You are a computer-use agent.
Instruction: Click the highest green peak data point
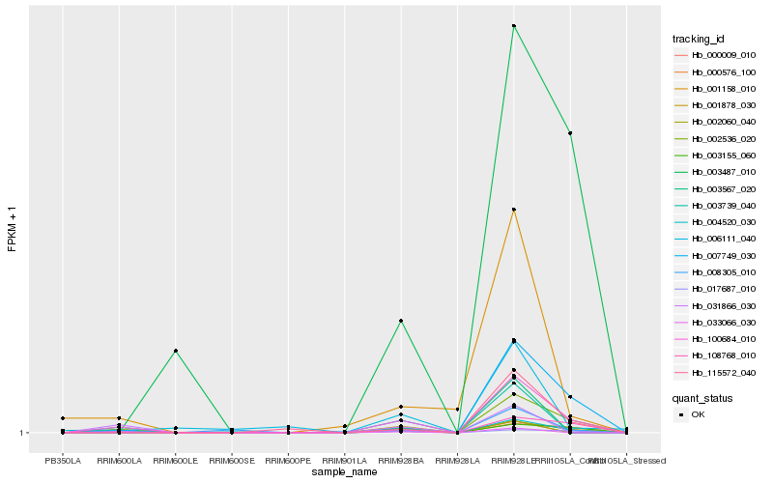tap(514, 26)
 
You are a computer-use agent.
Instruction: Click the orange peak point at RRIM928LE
tap(514, 210)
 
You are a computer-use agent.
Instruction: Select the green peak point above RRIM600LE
tap(175, 351)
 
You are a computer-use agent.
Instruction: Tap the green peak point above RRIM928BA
tap(401, 321)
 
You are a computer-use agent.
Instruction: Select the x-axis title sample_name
tap(344, 472)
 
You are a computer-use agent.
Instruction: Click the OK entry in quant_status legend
tap(698, 414)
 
